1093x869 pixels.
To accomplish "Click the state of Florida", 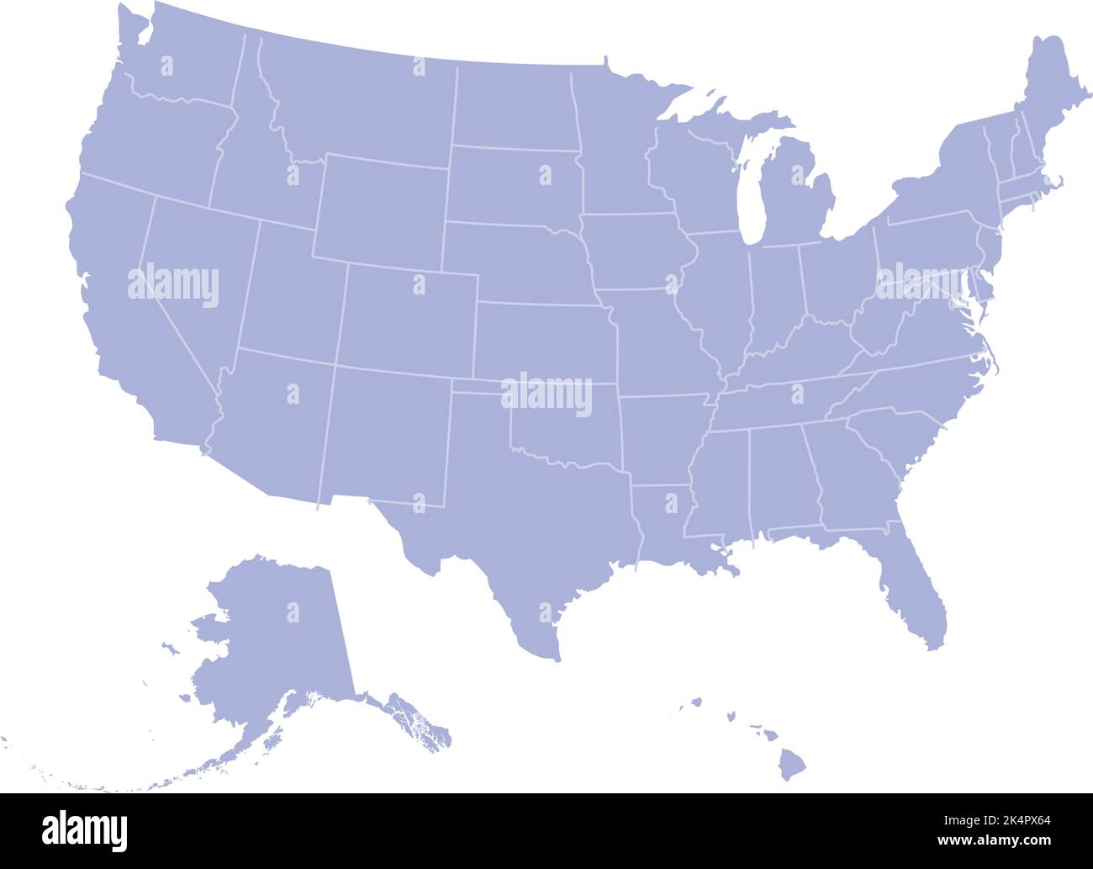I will (916, 580).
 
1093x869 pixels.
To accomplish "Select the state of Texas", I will (538, 522).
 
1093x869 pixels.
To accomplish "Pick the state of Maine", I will (1043, 93).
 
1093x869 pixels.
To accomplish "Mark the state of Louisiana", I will (664, 522).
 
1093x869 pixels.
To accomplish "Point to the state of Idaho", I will (252, 160).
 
